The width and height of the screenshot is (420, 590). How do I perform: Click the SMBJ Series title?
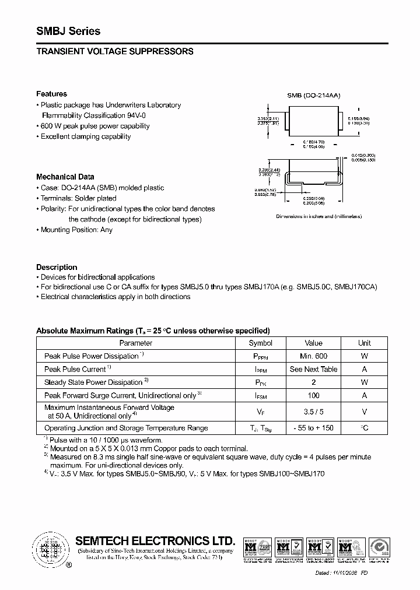pos(68,31)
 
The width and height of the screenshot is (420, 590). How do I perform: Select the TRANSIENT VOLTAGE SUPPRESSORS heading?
pos(114,52)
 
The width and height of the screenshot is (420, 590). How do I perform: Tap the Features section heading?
pos(51,94)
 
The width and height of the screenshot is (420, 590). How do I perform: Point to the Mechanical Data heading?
pos(65,177)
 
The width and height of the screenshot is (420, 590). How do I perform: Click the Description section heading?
pos(57,267)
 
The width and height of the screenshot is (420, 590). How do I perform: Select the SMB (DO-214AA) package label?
pos(313,95)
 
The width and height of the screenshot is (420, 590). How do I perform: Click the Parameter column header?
pos(136,343)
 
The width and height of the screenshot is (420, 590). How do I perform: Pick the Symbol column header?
pos(260,343)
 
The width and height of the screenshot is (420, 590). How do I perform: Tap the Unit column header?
pos(364,343)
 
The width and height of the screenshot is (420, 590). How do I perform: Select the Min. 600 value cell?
pos(313,356)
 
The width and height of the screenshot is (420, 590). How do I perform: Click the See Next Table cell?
pos(313,370)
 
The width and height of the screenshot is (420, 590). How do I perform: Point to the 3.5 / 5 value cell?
pos(313,412)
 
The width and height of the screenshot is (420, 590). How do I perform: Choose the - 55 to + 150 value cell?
pos(313,429)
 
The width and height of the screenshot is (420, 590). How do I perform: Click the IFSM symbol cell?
pos(260,396)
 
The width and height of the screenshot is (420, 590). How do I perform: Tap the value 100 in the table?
pos(313,396)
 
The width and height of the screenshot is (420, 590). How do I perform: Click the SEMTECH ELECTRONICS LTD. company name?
pos(155,540)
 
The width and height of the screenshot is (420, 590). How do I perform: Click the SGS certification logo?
pos(384,549)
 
